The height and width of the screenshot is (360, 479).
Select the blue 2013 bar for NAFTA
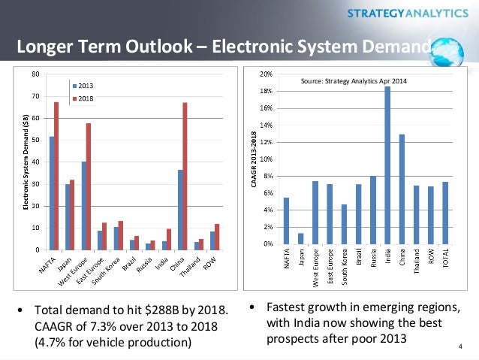51,192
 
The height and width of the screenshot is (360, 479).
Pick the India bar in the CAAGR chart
387,165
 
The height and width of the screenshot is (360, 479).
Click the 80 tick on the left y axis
36,74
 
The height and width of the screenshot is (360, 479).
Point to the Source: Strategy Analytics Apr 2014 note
353,80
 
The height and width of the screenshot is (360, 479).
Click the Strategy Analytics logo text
406,13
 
